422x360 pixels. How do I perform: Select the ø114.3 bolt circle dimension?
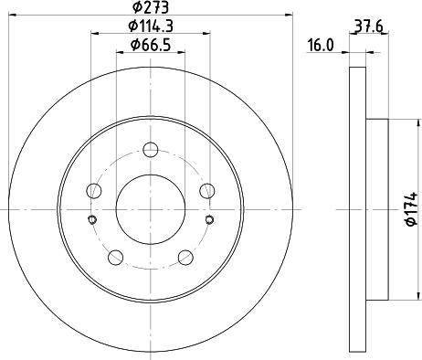151,27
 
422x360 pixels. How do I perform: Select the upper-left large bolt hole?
93,191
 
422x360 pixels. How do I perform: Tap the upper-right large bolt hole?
208,191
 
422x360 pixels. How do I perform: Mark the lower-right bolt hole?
186,257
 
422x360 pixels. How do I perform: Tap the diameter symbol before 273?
135,9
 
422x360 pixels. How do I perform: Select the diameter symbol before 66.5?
133,46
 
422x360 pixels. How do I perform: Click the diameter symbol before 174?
411,226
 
